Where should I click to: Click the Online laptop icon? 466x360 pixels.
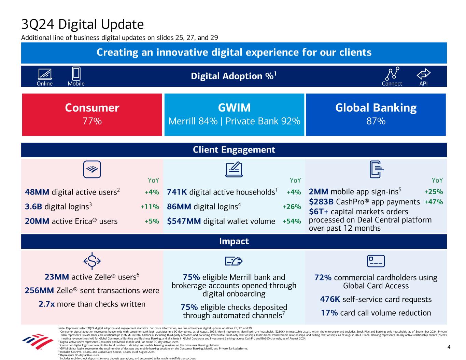coord(45,74)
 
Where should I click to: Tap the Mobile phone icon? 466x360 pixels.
coord(76,73)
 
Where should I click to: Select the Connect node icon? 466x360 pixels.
coord(392,73)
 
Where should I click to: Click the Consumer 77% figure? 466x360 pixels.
coord(92,121)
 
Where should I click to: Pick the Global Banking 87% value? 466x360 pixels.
coord(376,121)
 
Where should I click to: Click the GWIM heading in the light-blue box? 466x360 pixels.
coord(234,108)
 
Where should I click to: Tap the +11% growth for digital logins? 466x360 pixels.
coord(150,207)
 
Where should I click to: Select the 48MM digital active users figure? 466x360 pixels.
coord(37,192)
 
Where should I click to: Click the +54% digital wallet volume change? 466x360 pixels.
coord(292,221)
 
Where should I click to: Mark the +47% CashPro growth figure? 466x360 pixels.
coord(434,202)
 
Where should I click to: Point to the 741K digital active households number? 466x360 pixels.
coord(177,192)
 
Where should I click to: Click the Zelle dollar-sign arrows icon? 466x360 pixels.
coord(92,261)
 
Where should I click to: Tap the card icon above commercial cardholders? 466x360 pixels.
coord(376,261)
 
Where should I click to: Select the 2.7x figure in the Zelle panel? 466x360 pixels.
coord(47,304)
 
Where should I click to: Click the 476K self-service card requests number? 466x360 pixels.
coord(329,299)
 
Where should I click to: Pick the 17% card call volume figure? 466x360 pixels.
coord(328,313)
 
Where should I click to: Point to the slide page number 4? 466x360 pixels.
coord(449,347)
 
